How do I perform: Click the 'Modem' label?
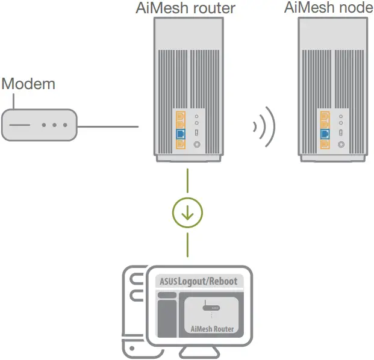(28, 83)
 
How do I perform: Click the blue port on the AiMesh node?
(325, 132)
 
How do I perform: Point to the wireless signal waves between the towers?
(264, 127)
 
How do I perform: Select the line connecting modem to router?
(109, 126)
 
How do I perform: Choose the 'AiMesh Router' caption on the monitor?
(212, 329)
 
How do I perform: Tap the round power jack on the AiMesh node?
(341, 144)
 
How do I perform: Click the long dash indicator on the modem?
(19, 126)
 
